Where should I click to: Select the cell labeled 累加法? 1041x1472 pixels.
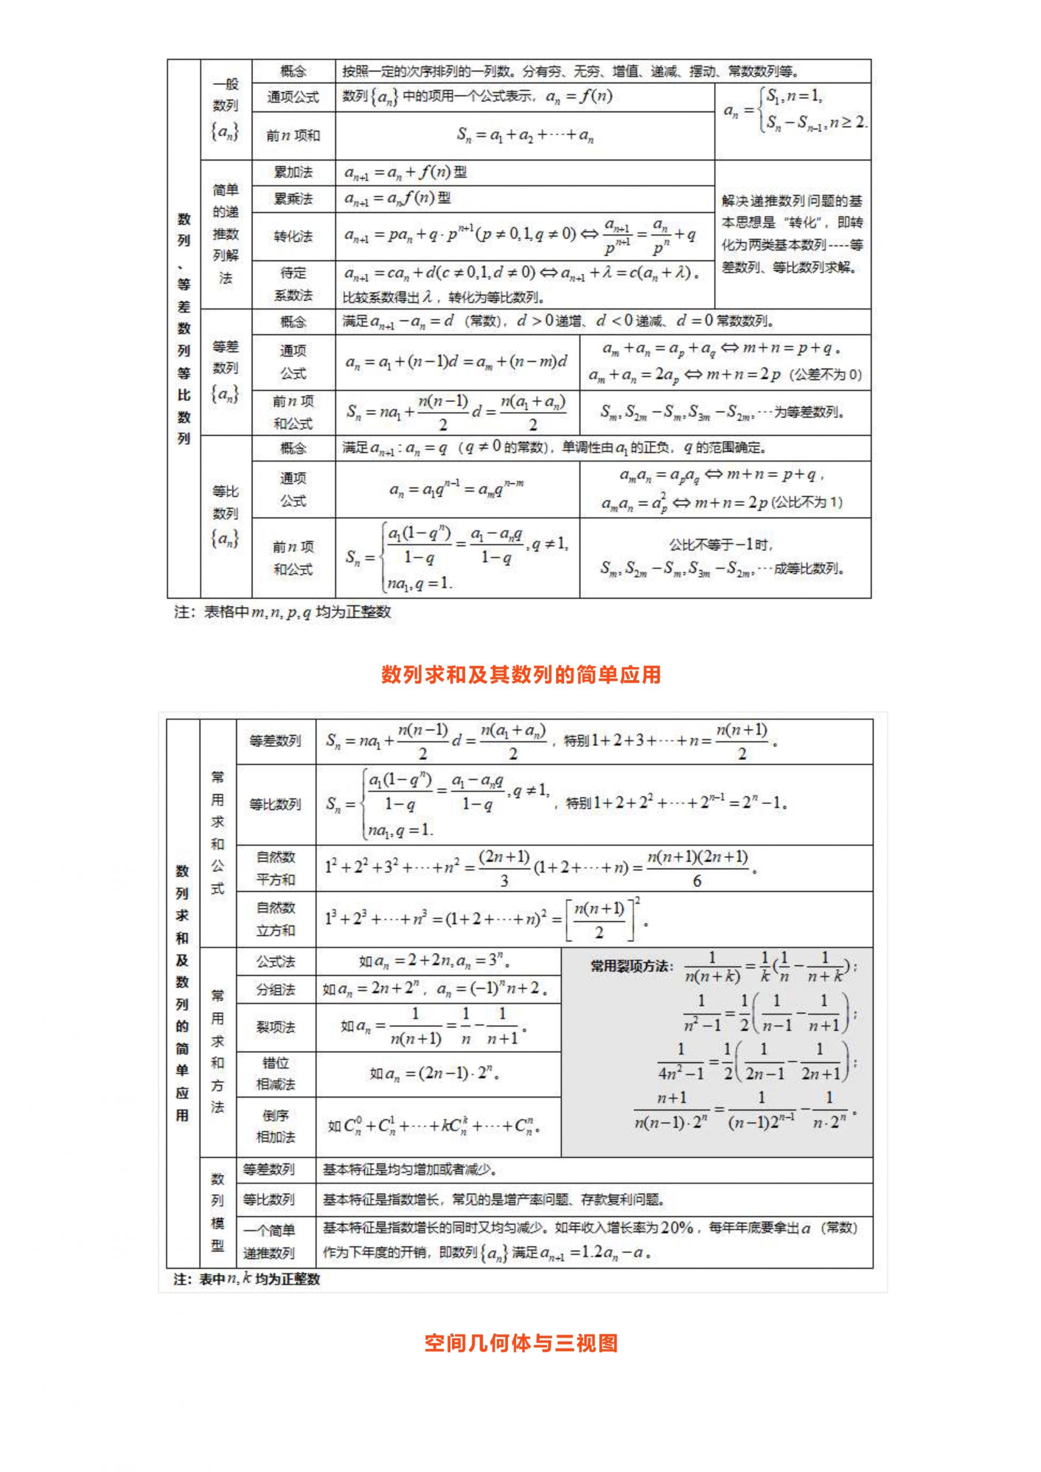[293, 172]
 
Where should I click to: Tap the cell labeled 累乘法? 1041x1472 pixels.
[293, 199]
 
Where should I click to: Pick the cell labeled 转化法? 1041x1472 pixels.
[293, 236]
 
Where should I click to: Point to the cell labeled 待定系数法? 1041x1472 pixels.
[293, 284]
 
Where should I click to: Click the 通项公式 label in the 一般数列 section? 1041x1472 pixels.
[293, 97]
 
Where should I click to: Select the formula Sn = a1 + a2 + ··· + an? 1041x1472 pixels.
[525, 135]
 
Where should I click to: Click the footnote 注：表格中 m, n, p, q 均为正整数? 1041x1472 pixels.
[282, 612]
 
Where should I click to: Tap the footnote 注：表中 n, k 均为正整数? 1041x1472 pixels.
[247, 1279]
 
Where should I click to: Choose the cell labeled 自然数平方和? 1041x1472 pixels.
[276, 868]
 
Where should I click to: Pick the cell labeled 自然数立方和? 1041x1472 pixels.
[276, 919]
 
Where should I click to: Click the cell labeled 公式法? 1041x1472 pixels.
[276, 961]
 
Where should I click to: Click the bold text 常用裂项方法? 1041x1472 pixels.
[631, 965]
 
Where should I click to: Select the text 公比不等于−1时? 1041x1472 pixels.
[722, 545]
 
